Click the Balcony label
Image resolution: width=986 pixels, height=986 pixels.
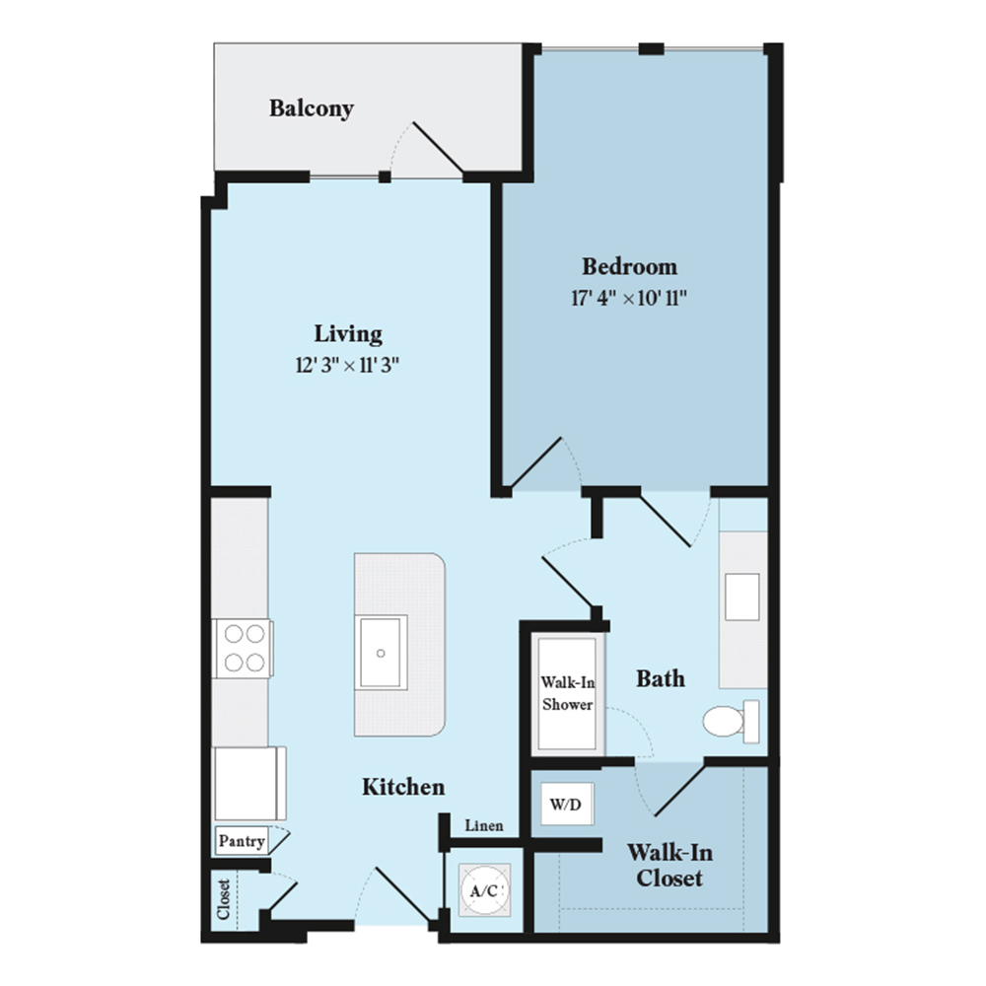[x=312, y=108]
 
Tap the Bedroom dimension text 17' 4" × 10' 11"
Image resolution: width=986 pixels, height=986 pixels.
[x=629, y=298]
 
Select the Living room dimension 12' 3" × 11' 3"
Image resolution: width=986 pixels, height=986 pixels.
[x=348, y=365]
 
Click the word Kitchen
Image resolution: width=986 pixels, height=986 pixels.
[x=403, y=787]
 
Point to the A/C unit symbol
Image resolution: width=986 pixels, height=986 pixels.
[x=484, y=889]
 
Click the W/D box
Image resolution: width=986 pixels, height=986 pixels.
[x=567, y=804]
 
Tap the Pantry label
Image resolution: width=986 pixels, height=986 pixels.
[x=242, y=841]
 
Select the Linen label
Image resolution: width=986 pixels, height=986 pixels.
[x=484, y=825]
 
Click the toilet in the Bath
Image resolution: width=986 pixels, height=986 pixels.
[x=731, y=721]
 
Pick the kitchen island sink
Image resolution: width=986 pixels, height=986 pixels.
[x=381, y=653]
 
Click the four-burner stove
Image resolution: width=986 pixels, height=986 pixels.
[x=244, y=649]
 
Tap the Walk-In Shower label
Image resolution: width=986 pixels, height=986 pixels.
[x=567, y=693]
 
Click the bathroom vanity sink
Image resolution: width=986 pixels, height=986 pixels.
[x=742, y=597]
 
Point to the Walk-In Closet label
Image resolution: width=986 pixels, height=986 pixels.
[x=669, y=866]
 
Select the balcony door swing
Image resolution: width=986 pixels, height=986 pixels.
[x=428, y=150]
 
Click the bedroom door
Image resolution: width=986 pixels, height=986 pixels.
[x=536, y=463]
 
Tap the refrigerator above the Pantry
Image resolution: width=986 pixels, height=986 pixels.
[x=249, y=784]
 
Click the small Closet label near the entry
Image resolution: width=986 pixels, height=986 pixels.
[x=224, y=899]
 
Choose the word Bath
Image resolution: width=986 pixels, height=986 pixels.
[x=661, y=678]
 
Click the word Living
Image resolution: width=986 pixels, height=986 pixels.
[x=348, y=334]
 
